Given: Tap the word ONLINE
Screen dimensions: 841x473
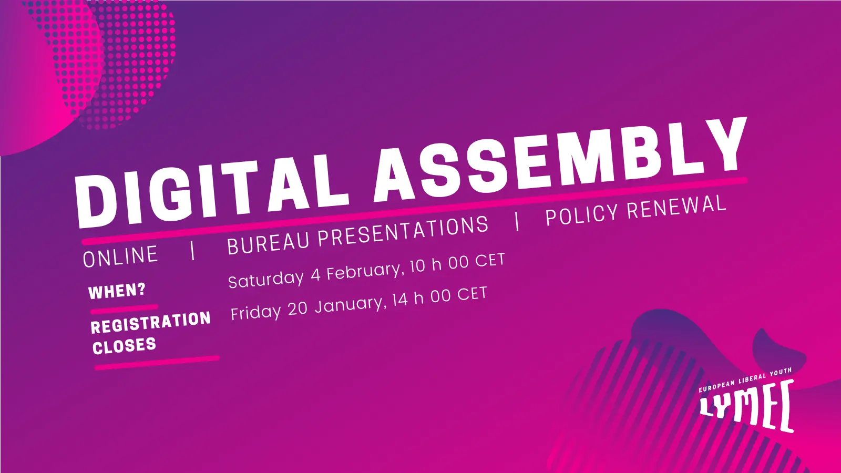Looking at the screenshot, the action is click(120, 256).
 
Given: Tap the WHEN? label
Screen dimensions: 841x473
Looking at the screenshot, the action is click(117, 291).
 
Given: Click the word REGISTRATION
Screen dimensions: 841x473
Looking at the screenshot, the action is click(151, 323).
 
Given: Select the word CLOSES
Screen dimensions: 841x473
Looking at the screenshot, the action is click(124, 346).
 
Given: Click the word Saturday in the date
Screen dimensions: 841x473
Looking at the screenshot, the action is click(266, 279).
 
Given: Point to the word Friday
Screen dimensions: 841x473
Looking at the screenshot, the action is click(255, 312).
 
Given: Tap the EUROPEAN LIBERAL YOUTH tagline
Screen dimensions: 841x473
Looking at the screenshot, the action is click(745, 380).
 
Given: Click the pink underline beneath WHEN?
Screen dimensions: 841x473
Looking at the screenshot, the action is click(124, 309).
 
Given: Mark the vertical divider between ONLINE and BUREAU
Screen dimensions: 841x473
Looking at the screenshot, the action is click(192, 250).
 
